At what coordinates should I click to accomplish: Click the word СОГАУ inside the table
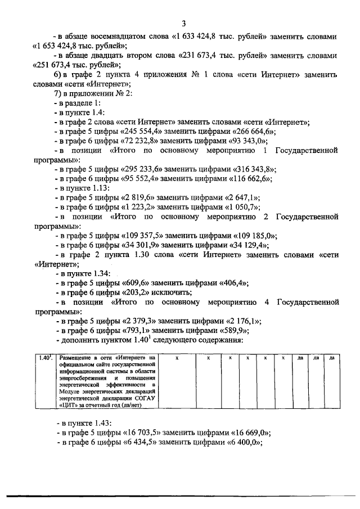[x=143, y=398]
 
